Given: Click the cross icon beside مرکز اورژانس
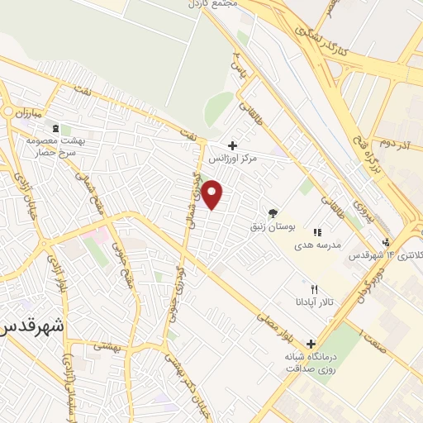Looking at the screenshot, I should tap(233, 145).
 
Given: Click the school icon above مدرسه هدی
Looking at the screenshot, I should tap(317, 233).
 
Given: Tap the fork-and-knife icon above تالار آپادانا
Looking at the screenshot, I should tap(314, 289).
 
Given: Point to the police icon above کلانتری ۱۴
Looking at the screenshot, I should tap(386, 242).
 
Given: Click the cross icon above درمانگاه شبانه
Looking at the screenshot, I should tap(311, 344).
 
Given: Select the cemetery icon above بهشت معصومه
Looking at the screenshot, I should tap(55, 129).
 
